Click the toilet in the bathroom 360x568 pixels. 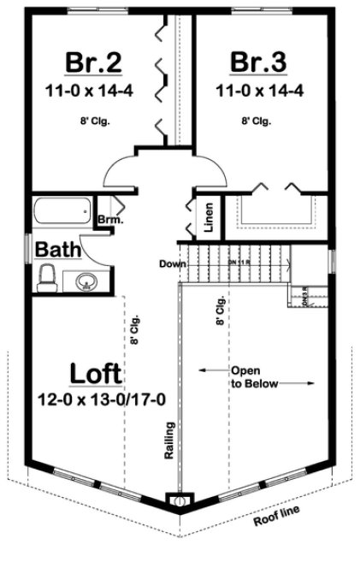pos(48,277)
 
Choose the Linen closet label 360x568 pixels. pos(209,218)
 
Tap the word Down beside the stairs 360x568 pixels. pos(172,263)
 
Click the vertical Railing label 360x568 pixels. pos(170,441)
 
